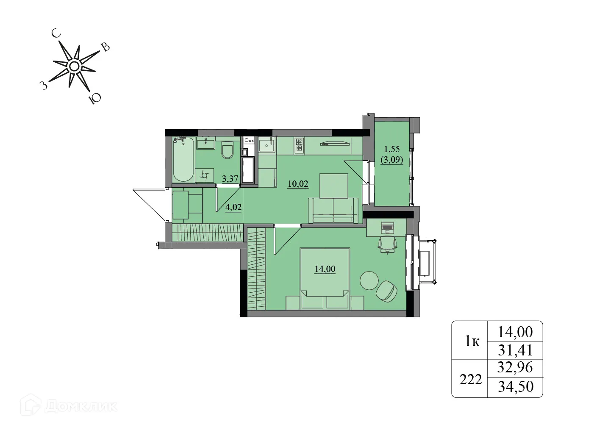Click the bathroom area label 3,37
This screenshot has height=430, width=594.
click(x=230, y=178)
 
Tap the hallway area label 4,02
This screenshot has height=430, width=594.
click(x=233, y=207)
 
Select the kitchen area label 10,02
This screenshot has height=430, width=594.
click(x=298, y=184)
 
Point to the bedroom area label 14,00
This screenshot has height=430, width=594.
click(x=325, y=269)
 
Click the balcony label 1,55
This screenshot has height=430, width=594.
click(x=391, y=149)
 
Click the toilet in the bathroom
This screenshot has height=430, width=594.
click(x=228, y=150)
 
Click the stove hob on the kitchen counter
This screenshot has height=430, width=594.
click(x=299, y=145)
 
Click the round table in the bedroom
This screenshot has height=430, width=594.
click(x=369, y=280)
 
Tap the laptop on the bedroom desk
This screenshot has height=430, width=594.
click(x=387, y=227)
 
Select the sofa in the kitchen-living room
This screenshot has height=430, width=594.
click(x=333, y=210)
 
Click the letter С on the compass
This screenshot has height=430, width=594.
click(x=56, y=33)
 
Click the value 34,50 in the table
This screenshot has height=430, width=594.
click(x=515, y=386)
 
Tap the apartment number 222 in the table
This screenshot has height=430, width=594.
click(x=471, y=379)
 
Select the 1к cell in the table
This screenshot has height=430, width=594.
click(x=472, y=341)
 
